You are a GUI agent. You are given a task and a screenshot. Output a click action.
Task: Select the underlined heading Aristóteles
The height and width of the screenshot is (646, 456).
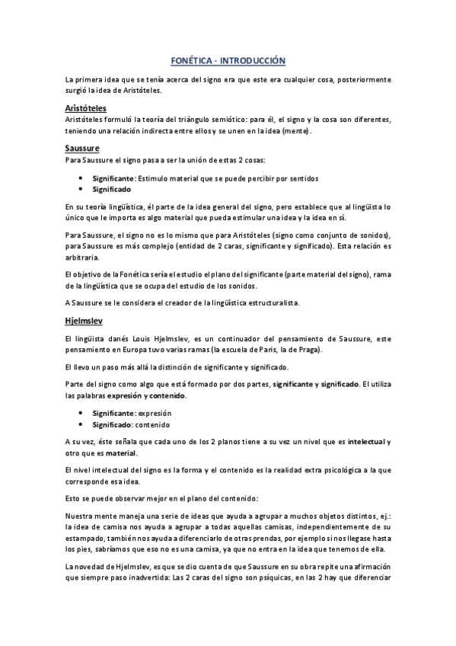tap(85, 107)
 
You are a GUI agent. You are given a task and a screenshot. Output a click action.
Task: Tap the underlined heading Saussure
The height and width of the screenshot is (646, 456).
tap(82, 147)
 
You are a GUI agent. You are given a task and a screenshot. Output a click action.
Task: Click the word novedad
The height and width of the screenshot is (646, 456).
tap(92, 565)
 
